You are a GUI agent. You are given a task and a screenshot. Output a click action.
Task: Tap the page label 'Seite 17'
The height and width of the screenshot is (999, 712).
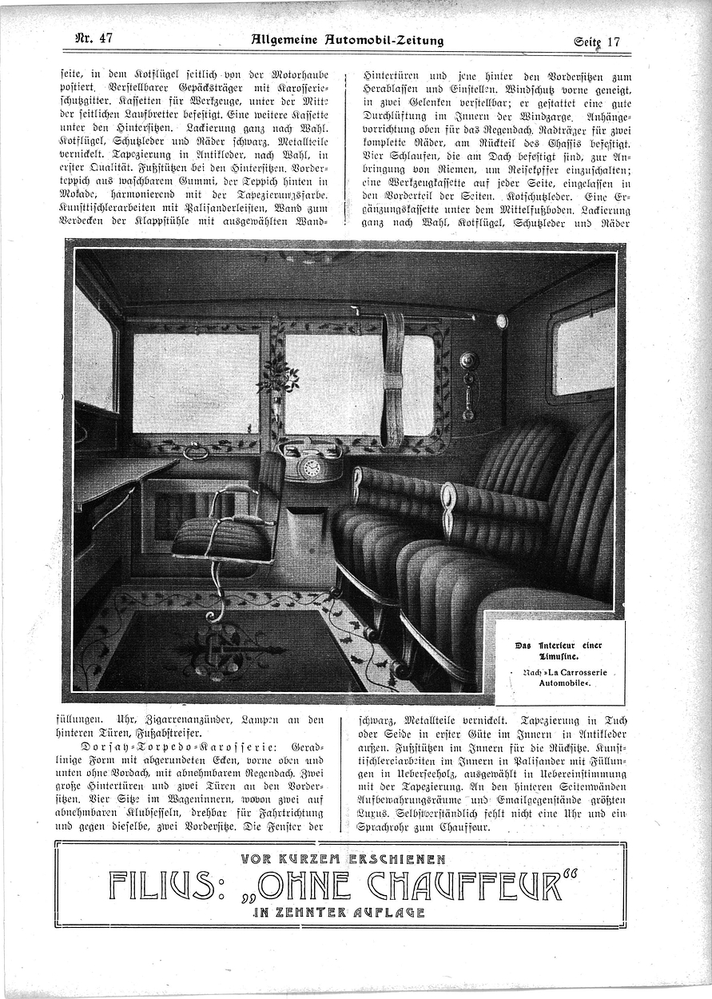click(596, 41)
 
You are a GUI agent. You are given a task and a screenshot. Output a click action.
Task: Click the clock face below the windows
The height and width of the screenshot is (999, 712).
click(311, 466)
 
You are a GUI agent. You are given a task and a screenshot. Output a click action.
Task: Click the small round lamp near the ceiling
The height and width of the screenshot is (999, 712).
click(501, 321)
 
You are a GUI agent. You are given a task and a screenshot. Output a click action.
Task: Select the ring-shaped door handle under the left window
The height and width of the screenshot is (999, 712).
click(195, 453)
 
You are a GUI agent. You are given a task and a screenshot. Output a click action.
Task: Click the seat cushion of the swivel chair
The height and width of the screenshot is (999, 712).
click(221, 539)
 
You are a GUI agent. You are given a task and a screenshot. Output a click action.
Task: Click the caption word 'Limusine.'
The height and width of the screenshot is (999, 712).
click(559, 655)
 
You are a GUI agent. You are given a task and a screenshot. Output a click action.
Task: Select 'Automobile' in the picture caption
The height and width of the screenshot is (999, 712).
click(559, 685)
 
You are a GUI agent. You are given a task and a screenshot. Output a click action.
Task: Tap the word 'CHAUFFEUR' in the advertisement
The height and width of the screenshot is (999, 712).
click(471, 885)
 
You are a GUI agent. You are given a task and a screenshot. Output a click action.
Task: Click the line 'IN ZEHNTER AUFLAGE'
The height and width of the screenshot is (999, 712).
click(339, 912)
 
